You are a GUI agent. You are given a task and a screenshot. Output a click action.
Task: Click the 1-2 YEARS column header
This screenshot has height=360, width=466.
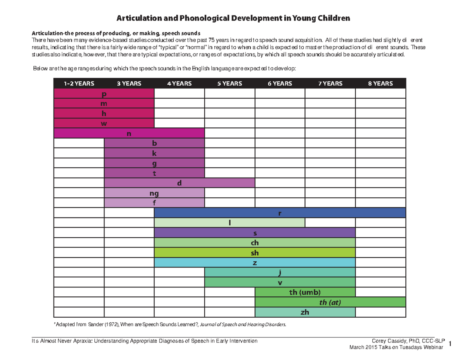pyautogui.click(x=79, y=83)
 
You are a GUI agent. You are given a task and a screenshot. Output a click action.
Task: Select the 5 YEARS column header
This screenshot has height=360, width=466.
pyautogui.click(x=230, y=83)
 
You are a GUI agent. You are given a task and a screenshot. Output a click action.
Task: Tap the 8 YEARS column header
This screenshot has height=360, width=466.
pyautogui.click(x=380, y=83)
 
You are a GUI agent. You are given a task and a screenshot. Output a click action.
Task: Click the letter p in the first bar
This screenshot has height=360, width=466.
pyautogui.click(x=104, y=94)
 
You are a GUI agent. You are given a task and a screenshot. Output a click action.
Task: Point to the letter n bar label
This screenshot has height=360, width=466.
pyautogui.click(x=129, y=134)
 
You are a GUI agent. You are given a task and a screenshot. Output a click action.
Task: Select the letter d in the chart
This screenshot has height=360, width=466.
pyautogui.click(x=179, y=183)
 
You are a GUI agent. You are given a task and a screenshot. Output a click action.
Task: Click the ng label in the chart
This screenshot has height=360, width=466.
pyautogui.click(x=154, y=193)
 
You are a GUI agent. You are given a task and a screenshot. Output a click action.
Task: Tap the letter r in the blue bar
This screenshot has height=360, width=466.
pyautogui.click(x=280, y=213)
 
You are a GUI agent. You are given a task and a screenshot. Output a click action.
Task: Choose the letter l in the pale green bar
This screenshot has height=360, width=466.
pyautogui.click(x=230, y=223)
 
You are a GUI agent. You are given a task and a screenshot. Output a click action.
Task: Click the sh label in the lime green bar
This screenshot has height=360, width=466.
pyautogui.click(x=255, y=253)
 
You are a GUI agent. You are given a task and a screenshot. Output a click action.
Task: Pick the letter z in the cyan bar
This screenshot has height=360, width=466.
pyautogui.click(x=255, y=263)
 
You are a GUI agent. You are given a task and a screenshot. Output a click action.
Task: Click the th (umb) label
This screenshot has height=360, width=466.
pyautogui.click(x=305, y=292)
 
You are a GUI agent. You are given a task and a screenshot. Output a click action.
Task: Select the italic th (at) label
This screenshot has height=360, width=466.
pyautogui.click(x=330, y=303)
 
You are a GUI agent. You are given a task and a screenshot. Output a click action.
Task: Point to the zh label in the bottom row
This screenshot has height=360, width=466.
pyautogui.click(x=305, y=313)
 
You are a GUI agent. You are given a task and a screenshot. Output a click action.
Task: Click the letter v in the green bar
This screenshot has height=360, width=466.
pyautogui.click(x=280, y=283)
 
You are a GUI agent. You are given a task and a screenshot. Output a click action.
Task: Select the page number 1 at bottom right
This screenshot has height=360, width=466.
pyautogui.click(x=450, y=343)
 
